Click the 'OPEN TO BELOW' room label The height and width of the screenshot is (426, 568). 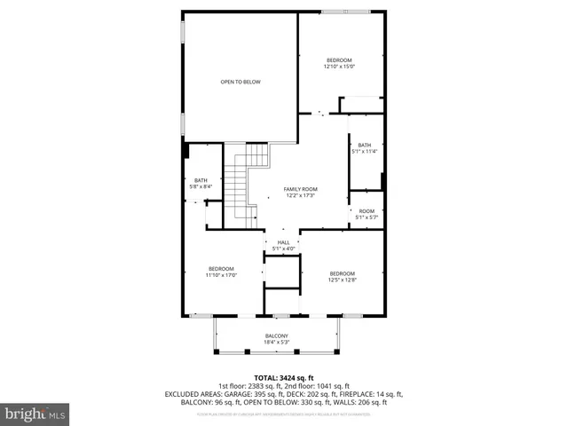pos(241,82)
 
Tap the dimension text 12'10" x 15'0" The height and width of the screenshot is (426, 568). pos(339,67)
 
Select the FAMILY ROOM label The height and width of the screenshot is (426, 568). pos(300,189)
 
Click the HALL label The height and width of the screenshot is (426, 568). pos(283,242)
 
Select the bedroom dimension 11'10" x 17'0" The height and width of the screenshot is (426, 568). pos(221,275)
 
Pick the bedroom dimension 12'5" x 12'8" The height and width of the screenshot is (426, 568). pos(342,280)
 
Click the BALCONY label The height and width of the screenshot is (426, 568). pos(276,335)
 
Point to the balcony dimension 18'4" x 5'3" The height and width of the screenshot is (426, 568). pos(276,342)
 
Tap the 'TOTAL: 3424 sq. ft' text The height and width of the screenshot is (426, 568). pos(283,378)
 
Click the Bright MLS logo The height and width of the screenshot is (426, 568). pos(35,413)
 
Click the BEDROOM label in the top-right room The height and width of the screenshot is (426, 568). pos(339,59)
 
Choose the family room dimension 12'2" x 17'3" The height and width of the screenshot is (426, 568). pos(300,195)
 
